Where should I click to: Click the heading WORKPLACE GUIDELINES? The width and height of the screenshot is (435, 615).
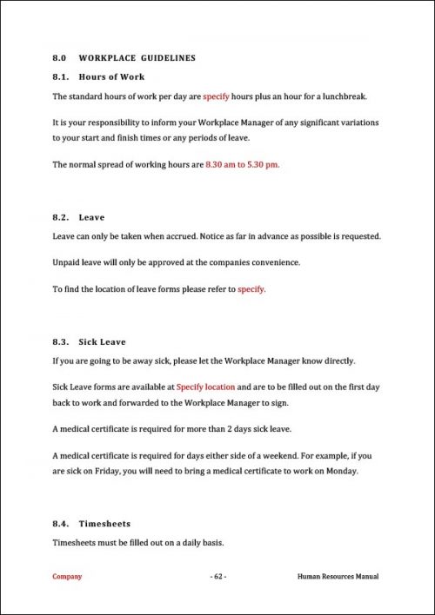pyautogui.click(x=137, y=58)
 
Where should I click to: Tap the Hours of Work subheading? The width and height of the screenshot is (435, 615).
pyautogui.click(x=111, y=77)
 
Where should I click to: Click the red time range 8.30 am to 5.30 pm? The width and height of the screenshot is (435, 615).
pyautogui.click(x=242, y=164)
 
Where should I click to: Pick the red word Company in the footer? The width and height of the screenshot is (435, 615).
pyautogui.click(x=68, y=576)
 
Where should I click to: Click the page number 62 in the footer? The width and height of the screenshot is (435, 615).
pyautogui.click(x=217, y=576)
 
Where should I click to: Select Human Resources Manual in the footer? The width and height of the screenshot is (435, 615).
pyautogui.click(x=338, y=576)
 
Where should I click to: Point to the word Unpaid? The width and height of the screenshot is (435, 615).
pyautogui.click(x=67, y=262)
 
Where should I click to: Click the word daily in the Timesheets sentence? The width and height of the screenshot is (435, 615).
pyautogui.click(x=178, y=543)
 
